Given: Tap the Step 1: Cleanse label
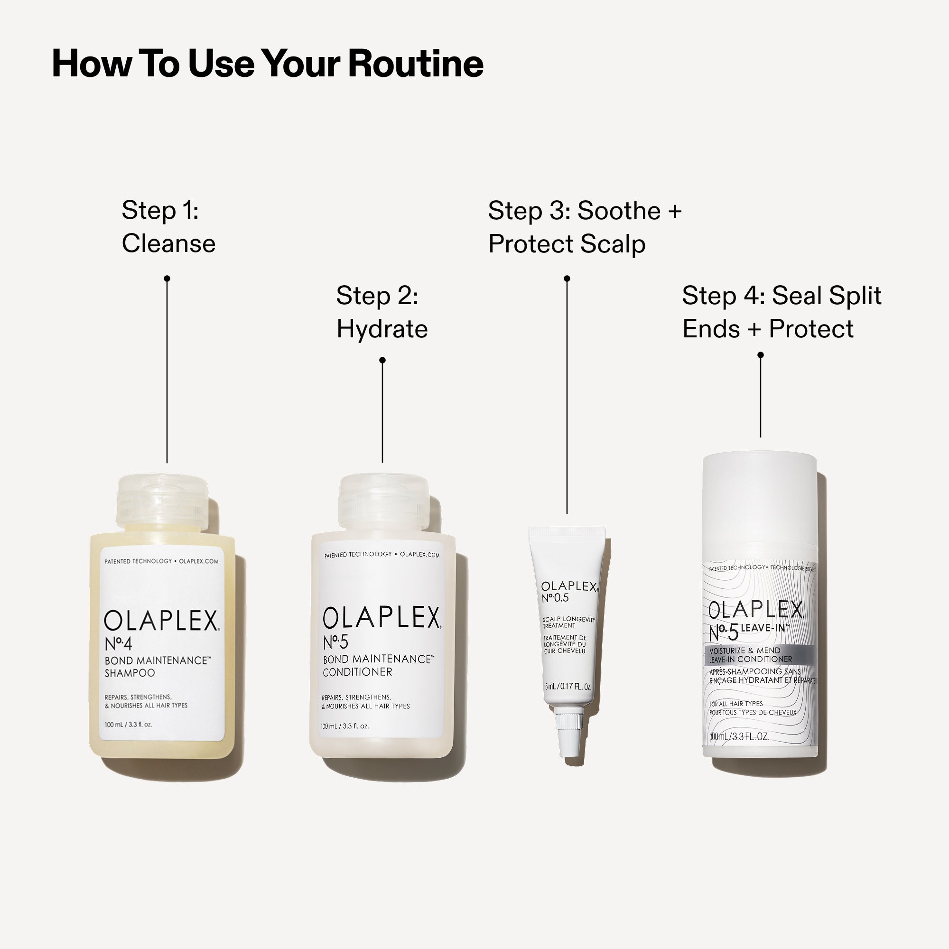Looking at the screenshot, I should (168, 227).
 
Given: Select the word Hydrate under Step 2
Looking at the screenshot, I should (381, 329).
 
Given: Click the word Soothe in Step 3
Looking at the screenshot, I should (618, 211).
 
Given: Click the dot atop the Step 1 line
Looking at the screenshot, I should (167, 279).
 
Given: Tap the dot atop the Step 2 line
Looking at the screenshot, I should (382, 360).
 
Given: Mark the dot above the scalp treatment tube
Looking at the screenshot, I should (567, 279).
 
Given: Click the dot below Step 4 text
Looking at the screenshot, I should (760, 354).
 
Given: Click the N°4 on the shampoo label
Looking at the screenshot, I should (118, 643).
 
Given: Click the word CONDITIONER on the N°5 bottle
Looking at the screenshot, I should (357, 672).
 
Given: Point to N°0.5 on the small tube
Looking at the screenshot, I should (555, 598).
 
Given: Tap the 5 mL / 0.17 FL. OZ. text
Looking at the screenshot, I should (568, 687).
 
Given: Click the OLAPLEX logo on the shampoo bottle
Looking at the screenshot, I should (161, 622).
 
